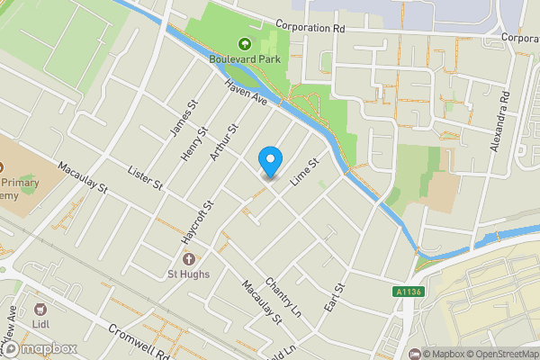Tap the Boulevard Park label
coord(244,58)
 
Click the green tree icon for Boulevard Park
coord(244,43)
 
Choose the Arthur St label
coord(223,143)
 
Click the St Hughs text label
coord(188,274)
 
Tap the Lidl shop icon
coord(39,308)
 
